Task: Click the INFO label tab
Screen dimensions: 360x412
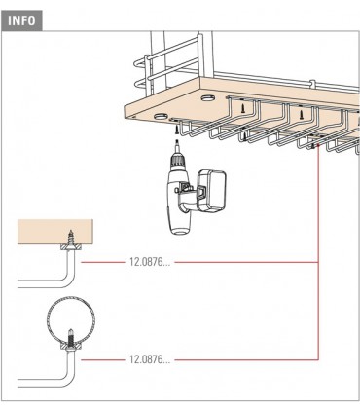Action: click(x=21, y=20)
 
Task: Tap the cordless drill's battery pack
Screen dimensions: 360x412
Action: click(x=212, y=191)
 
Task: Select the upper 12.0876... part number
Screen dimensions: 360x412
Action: click(x=150, y=262)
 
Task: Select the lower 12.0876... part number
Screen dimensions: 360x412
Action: click(x=150, y=359)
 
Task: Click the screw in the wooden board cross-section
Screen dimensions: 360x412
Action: click(x=71, y=239)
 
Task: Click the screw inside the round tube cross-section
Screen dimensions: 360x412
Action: click(x=71, y=338)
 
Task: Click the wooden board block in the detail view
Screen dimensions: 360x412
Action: click(x=55, y=232)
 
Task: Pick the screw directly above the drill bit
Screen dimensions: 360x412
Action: click(x=177, y=131)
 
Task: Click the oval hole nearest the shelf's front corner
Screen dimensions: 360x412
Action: click(x=161, y=116)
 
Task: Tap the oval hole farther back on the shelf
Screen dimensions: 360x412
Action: click(x=207, y=97)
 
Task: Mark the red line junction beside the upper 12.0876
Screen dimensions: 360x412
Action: click(x=318, y=262)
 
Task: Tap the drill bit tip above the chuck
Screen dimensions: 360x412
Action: click(x=177, y=140)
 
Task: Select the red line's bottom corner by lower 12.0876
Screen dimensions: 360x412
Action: click(x=318, y=359)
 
